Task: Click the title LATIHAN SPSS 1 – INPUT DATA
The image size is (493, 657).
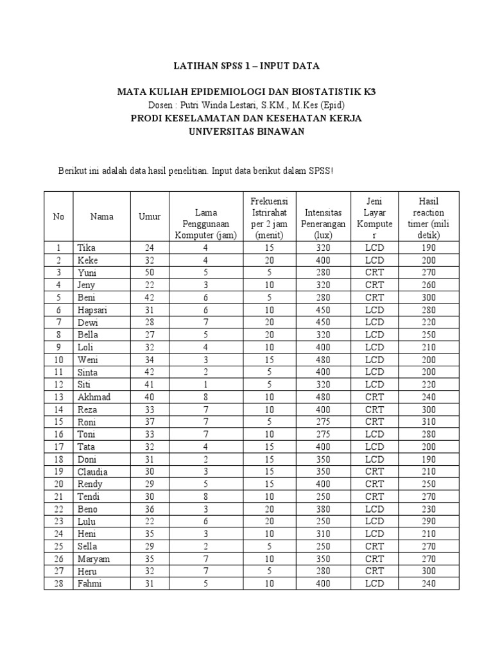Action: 246,66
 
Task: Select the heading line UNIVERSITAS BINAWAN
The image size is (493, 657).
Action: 246,132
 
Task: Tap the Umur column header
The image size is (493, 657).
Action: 150,217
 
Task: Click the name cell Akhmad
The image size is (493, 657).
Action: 94,397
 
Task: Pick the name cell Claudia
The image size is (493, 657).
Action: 92,472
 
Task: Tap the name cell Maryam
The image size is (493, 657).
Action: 93,559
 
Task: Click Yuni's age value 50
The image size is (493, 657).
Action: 150,273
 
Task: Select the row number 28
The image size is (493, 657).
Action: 58,584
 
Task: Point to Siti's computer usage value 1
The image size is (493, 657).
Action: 206,385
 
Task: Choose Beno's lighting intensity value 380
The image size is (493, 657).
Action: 325,509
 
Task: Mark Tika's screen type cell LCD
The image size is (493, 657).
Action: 374,248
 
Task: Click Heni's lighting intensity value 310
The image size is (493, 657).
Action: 325,534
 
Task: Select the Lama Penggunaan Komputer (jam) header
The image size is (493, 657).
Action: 206,223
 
